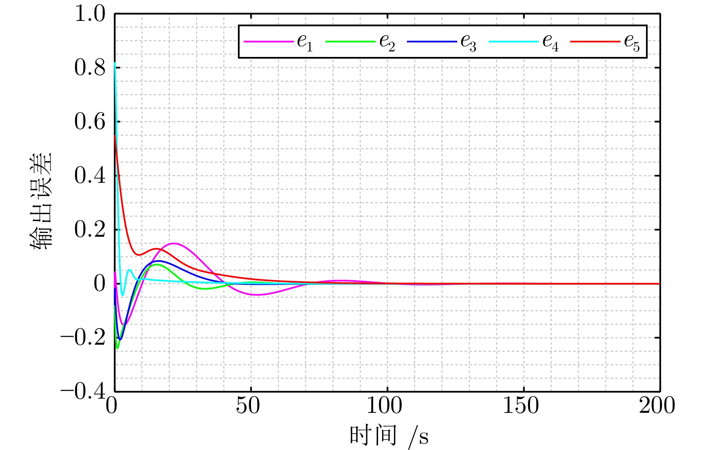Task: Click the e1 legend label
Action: (x=305, y=42)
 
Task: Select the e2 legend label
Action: (x=387, y=42)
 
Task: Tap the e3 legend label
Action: (x=468, y=42)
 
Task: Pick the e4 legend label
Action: (x=550, y=42)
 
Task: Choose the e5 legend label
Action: (x=632, y=42)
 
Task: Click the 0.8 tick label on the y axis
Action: (x=90, y=68)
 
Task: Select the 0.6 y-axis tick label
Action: (x=90, y=122)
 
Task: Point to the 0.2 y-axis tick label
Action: (x=90, y=230)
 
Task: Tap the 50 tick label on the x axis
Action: (x=248, y=406)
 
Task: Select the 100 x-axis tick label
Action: (x=384, y=406)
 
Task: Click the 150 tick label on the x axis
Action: (x=521, y=406)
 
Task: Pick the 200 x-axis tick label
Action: (x=657, y=406)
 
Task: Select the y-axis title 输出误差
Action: (x=42, y=201)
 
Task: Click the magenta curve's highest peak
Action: (x=174, y=243)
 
